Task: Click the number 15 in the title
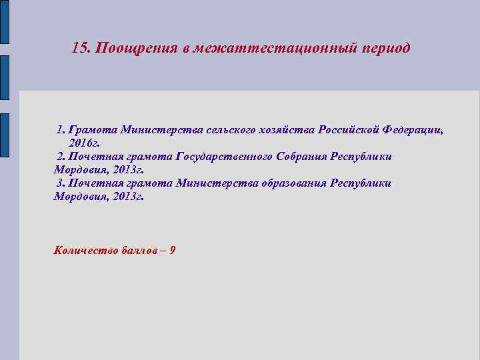click(79, 49)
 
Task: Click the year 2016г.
click(83, 143)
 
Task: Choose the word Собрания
click(302, 156)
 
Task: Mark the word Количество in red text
click(86, 251)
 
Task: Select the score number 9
click(173, 251)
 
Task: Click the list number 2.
click(61, 157)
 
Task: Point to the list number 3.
click(61, 183)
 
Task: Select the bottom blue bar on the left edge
click(4, 137)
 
